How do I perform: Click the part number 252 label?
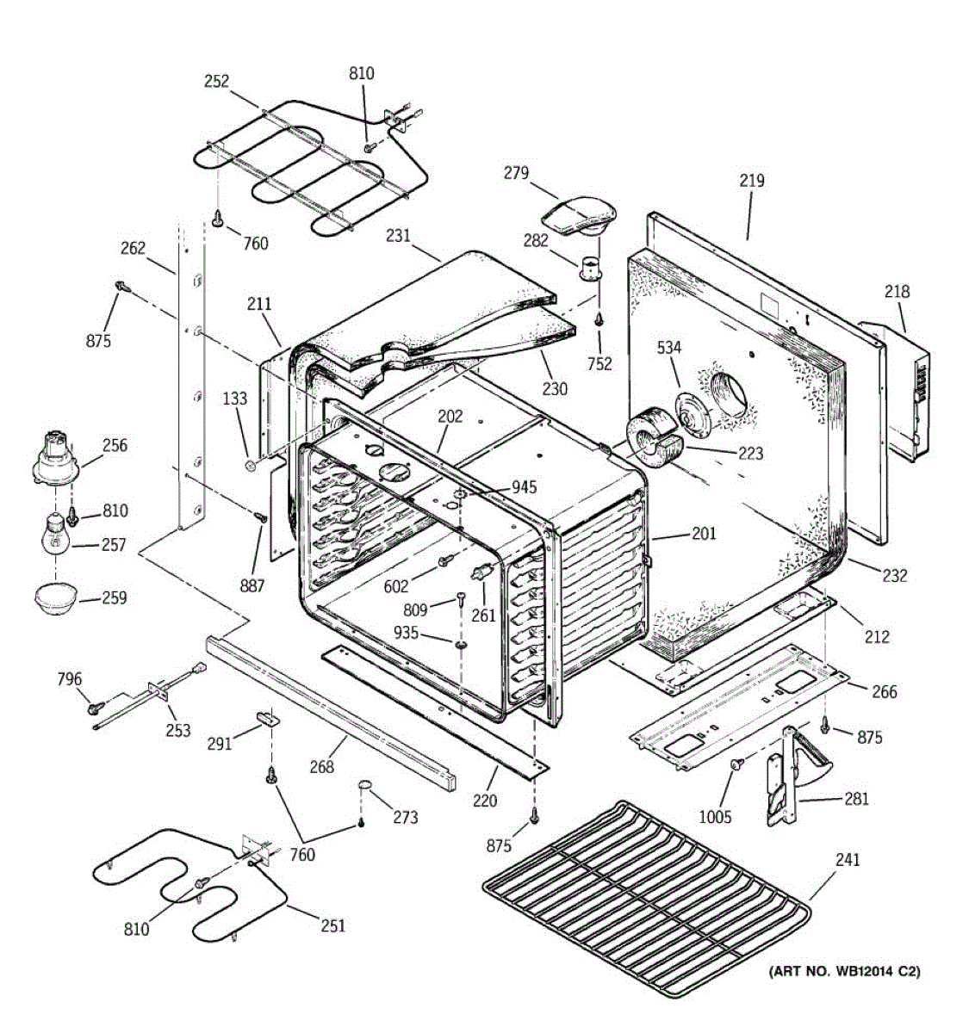[x=216, y=82]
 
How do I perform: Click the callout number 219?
[x=751, y=182]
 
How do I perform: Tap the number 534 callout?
[x=669, y=348]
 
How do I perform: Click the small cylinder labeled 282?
[x=589, y=267]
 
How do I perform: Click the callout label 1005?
[x=714, y=817]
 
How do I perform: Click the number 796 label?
[x=69, y=679]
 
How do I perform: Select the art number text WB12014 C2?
[x=844, y=972]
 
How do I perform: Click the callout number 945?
[x=524, y=488]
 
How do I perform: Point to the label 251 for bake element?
[x=332, y=926]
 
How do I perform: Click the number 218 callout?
[x=897, y=292]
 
